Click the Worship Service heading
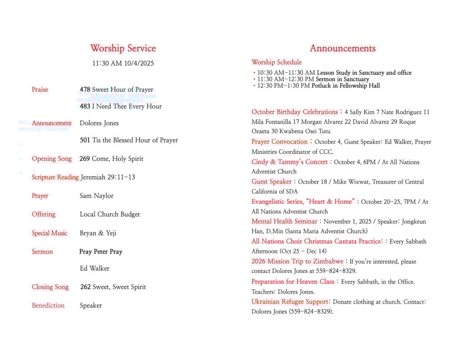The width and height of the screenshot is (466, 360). [x=123, y=48]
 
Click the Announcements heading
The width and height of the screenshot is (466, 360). [x=343, y=48]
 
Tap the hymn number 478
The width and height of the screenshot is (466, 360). [x=85, y=90]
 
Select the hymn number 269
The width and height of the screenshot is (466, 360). [x=85, y=159]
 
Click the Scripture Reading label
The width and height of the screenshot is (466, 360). [x=55, y=177]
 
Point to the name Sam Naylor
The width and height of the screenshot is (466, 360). [x=96, y=196]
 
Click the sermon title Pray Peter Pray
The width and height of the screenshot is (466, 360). [x=101, y=252]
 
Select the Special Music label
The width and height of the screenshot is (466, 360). [x=50, y=233]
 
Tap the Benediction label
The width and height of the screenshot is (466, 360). [x=48, y=305]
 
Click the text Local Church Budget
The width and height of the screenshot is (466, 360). [x=110, y=214]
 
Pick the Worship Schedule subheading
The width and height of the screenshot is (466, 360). [x=277, y=62]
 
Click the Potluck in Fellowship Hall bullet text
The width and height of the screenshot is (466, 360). [x=345, y=86]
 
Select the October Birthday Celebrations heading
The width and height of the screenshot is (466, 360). [x=294, y=112]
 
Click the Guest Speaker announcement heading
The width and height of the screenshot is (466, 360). [x=272, y=182]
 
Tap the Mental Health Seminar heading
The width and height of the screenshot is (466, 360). [x=284, y=222]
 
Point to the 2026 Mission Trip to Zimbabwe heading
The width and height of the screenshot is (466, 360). [x=297, y=261]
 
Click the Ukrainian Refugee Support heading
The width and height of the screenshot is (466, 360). [x=290, y=302]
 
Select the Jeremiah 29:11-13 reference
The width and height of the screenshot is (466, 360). [x=108, y=177]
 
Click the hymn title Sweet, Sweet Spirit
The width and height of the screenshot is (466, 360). [x=119, y=287]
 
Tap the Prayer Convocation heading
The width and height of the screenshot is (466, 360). [x=279, y=142]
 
